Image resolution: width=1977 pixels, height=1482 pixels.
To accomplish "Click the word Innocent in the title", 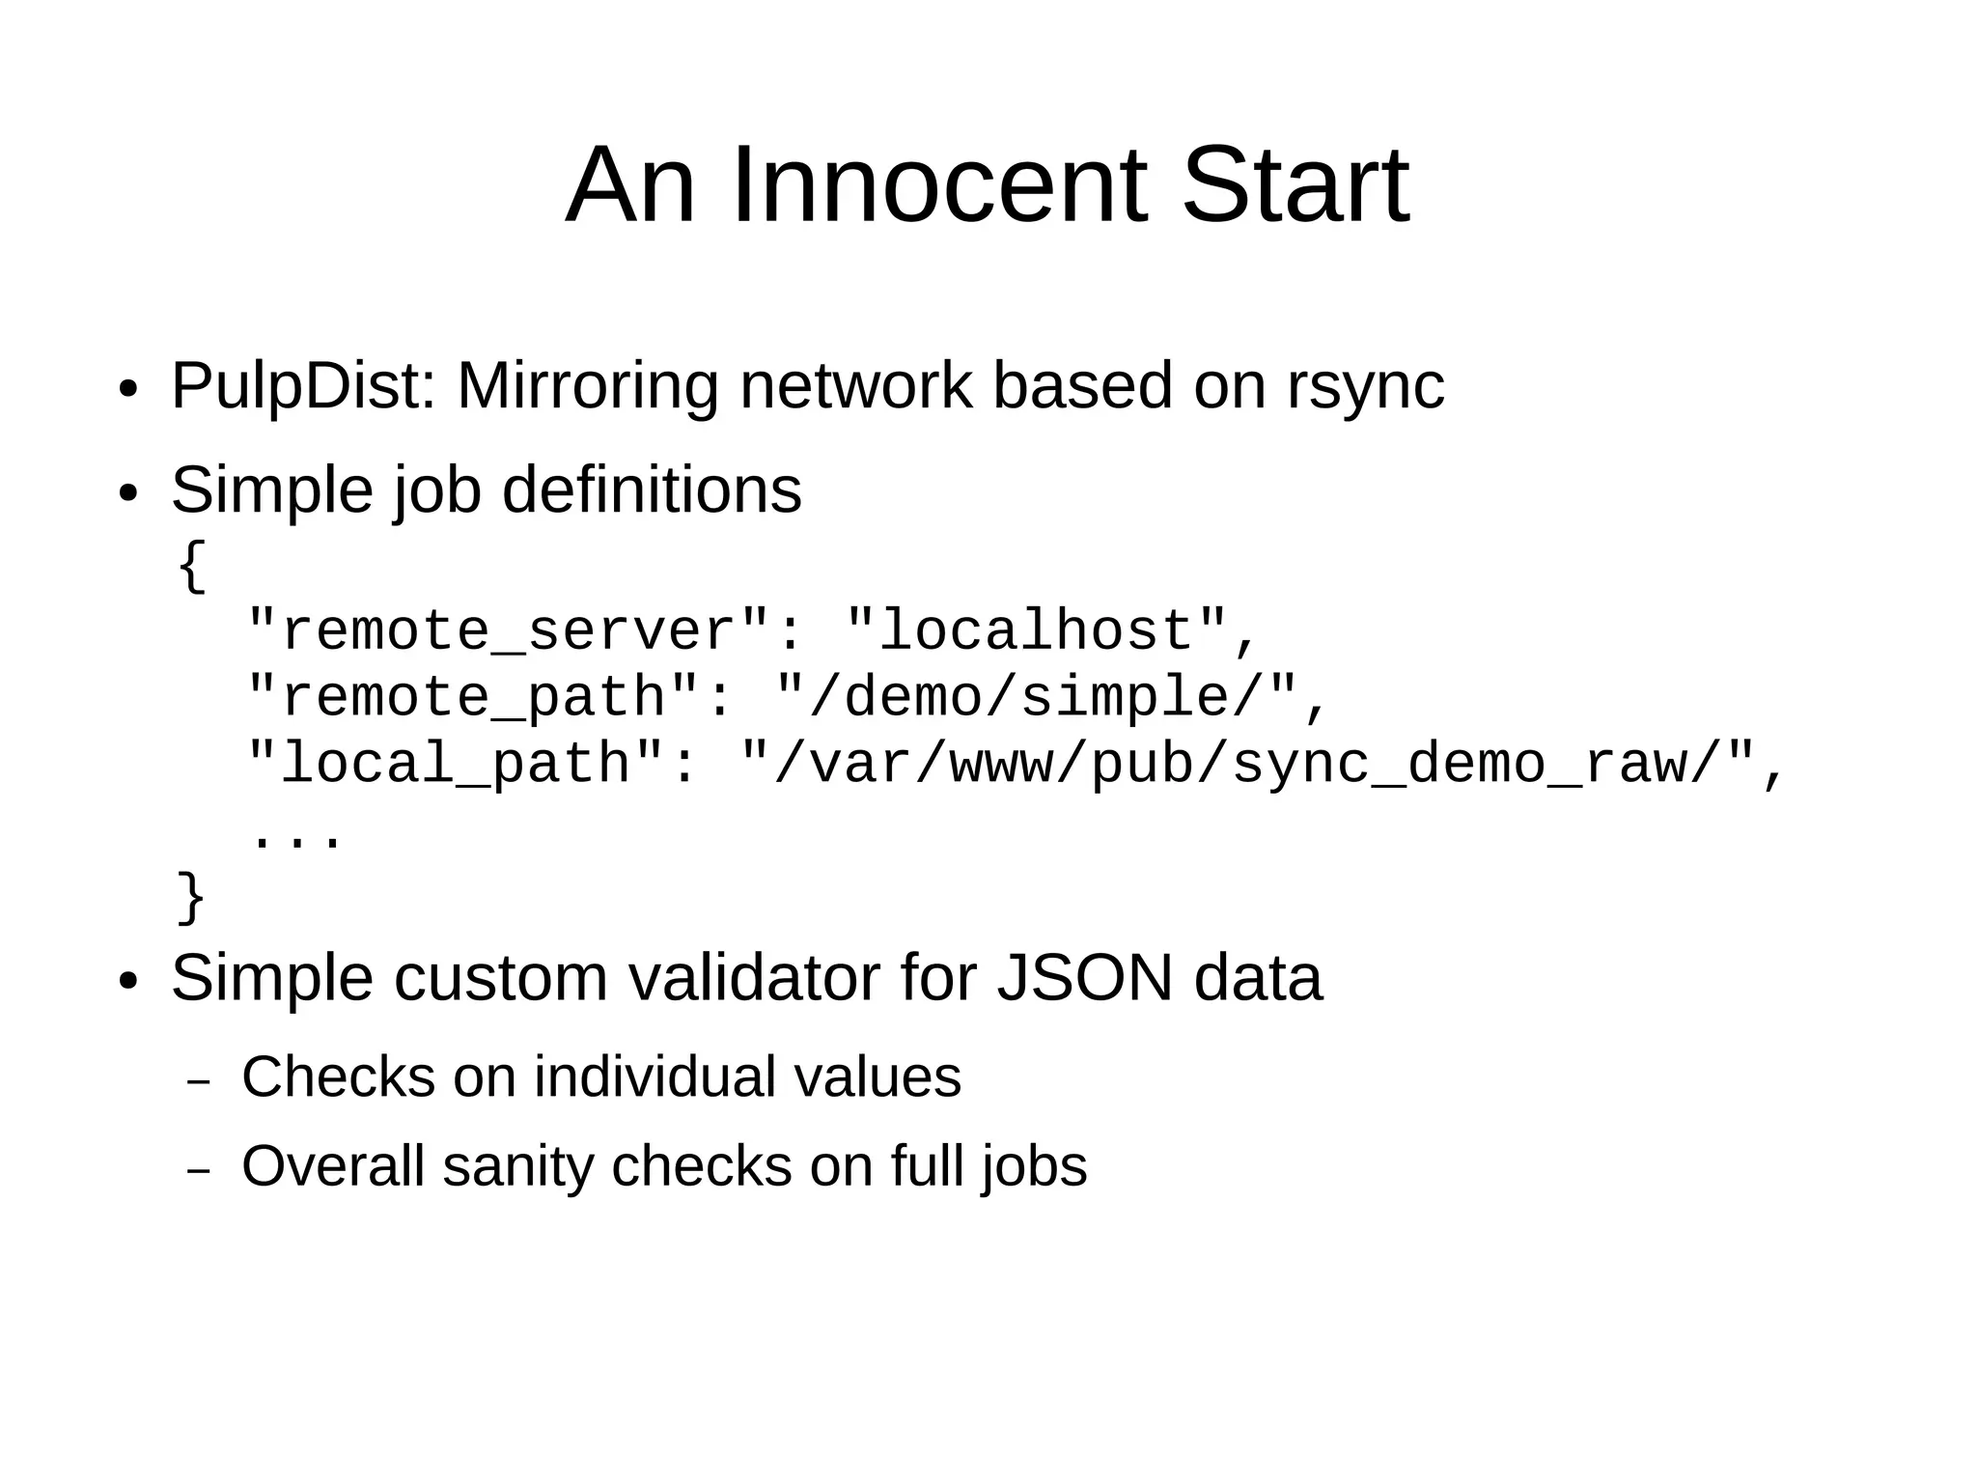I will point(939,184).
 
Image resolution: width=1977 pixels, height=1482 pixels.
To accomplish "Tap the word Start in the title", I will point(1295,184).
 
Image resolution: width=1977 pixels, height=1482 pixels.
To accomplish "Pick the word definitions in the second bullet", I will point(652,489).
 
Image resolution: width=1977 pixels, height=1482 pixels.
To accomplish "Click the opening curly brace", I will point(192,566).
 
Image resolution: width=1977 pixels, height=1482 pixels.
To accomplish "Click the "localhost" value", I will point(1038,631).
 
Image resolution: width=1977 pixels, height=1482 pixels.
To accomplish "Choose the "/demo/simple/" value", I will point(1038,697).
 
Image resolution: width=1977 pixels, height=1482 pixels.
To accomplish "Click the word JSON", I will point(1084,978).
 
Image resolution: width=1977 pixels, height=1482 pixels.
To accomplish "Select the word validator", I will point(754,978).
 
